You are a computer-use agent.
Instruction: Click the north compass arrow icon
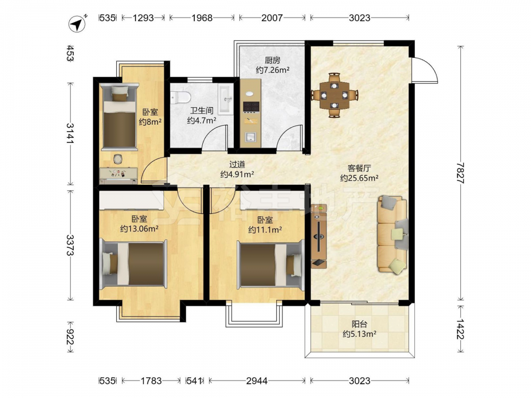(78, 24)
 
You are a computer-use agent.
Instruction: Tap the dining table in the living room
(334, 95)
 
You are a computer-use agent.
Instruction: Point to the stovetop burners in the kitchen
(251, 107)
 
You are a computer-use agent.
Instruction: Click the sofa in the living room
(393, 234)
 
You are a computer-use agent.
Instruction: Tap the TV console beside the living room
(319, 236)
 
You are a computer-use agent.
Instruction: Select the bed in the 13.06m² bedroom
(133, 264)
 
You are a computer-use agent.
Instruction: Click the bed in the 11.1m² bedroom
(270, 264)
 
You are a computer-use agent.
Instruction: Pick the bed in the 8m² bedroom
(119, 117)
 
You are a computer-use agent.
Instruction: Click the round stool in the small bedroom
(118, 159)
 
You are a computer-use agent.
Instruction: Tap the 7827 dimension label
(460, 173)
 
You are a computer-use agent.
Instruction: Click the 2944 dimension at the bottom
(256, 381)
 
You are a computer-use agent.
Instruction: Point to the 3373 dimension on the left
(71, 245)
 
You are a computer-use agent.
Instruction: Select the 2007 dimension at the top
(271, 18)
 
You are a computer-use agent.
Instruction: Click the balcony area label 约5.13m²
(359, 334)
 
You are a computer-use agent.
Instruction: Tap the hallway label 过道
(237, 165)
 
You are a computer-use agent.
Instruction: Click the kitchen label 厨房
(272, 60)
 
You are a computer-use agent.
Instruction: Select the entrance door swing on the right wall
(425, 70)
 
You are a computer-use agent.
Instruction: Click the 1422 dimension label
(460, 328)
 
